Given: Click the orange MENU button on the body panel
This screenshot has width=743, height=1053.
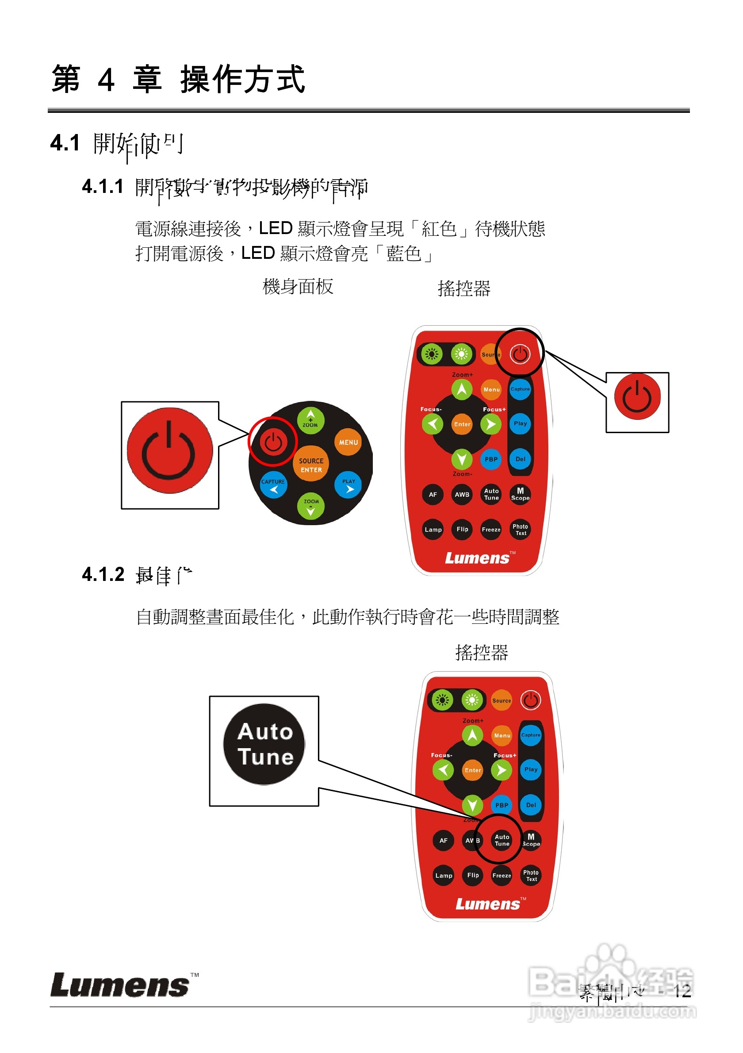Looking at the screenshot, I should pos(348,442).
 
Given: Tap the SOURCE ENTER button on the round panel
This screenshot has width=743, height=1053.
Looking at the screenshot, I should pos(311,465).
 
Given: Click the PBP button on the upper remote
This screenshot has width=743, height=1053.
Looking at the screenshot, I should pos(491,459).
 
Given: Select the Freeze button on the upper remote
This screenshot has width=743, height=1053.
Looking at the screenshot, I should pos(491,529).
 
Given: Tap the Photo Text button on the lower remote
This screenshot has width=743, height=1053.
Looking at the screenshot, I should pos(531,876).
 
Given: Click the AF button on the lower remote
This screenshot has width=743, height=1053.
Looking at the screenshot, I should pos(443,841).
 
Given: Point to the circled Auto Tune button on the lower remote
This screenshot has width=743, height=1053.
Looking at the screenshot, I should pos(502,840).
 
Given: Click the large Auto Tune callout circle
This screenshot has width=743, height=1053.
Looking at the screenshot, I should pos(264,744).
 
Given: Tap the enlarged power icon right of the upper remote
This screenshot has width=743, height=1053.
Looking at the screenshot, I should pos(637,397).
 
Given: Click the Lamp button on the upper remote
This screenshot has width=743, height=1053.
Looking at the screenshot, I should pos(433,529).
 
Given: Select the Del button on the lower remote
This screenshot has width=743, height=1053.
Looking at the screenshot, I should pos(531,805).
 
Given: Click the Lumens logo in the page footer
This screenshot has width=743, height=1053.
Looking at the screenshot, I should pos(120,986).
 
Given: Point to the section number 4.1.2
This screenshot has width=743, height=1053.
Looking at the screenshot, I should pos(103,575).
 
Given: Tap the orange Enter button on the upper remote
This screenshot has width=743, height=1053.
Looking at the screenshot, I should pos(462,424).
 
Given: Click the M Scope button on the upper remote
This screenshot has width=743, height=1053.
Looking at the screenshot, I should pos(520,494).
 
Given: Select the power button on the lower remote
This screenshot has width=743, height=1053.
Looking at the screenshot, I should pos(530,700).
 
